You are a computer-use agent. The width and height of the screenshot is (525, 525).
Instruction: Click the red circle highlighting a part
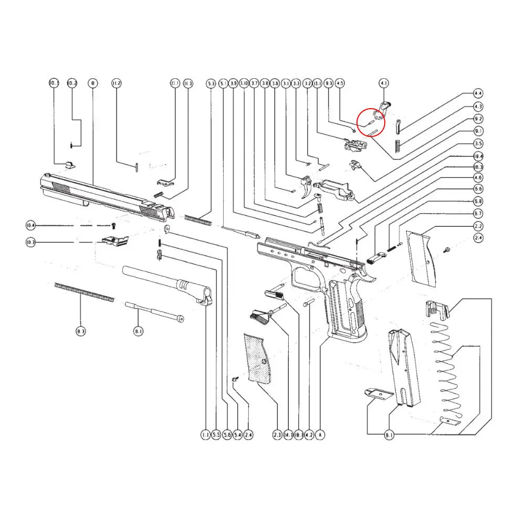pos(371,121)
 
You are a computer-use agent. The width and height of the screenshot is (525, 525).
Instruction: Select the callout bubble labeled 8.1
pos(138,331)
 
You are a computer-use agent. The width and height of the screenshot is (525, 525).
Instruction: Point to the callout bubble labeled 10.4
pos(30,226)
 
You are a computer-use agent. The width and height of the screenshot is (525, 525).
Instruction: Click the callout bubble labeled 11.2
pos(116,83)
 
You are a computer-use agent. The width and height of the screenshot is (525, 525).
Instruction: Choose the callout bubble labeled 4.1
pos(384,83)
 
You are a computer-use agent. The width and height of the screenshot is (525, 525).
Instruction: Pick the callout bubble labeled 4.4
pos(478,93)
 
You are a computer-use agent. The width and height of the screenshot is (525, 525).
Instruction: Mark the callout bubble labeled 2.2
pos(478,226)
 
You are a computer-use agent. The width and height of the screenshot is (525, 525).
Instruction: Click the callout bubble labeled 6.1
pos(389,435)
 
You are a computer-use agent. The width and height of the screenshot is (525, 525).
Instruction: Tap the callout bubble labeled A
pos(320,435)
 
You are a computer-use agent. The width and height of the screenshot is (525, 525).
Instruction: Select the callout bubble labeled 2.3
pos(278,435)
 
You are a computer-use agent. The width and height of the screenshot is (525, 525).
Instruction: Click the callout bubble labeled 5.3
pos(211,83)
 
